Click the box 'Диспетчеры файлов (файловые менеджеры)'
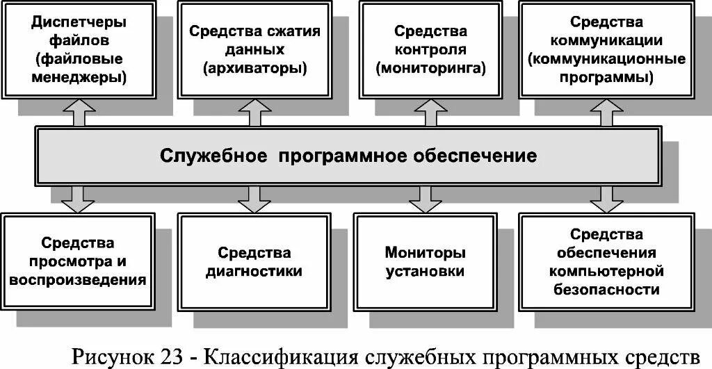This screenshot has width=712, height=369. coord(79,49)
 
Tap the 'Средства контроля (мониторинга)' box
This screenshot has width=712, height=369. coord(430,49)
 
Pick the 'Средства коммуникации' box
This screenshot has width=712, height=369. coord(606,49)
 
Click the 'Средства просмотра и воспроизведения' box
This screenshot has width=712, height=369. coord(78,261)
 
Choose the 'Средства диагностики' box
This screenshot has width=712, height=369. coord(254,261)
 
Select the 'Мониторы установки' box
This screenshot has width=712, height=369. coord(425,261)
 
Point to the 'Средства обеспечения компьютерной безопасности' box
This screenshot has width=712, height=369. coord(606,261)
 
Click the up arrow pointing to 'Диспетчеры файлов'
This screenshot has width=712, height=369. coord(79,112)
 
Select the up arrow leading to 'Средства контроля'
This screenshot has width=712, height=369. coord(426,112)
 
